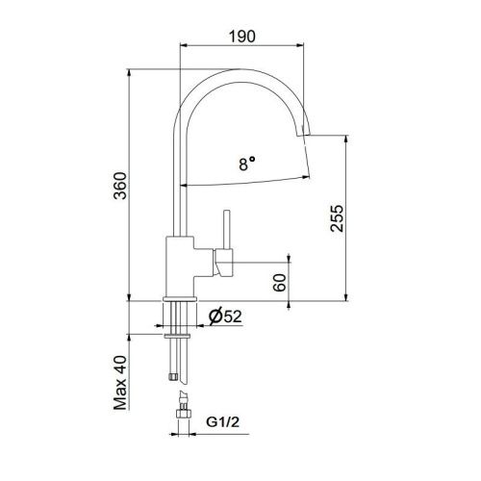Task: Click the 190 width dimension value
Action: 241,38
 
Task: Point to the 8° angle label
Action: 247,165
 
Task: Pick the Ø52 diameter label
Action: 223,315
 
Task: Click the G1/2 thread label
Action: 222,420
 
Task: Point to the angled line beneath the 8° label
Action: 245,182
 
